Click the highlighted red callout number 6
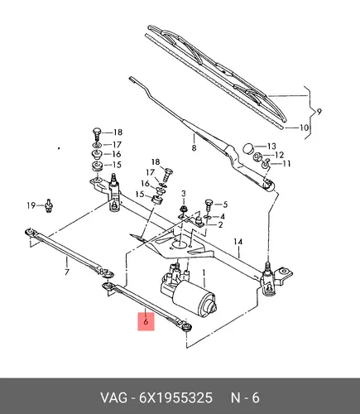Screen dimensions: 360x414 click(x=146, y=321)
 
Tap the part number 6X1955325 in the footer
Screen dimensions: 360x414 click(x=175, y=398)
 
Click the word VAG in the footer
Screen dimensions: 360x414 click(x=113, y=398)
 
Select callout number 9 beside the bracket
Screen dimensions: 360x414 click(x=319, y=112)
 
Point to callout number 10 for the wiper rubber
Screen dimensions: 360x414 click(x=304, y=128)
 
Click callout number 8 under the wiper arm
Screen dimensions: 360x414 click(x=194, y=147)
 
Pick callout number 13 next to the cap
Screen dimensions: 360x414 click(x=271, y=146)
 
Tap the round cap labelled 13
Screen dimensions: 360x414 click(x=248, y=148)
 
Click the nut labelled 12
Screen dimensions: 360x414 click(x=258, y=157)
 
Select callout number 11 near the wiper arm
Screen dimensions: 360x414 click(x=286, y=164)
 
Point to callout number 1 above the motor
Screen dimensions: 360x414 click(x=204, y=273)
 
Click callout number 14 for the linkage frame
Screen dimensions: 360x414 click(x=238, y=242)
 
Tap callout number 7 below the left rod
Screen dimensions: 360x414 click(x=66, y=272)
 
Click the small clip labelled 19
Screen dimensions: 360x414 click(x=49, y=206)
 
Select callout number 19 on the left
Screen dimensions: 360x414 click(x=31, y=205)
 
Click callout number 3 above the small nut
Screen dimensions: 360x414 click(x=184, y=194)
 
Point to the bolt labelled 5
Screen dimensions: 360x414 click(x=209, y=205)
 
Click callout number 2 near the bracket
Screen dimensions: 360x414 click(x=220, y=225)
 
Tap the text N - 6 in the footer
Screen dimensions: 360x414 click(x=245, y=398)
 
